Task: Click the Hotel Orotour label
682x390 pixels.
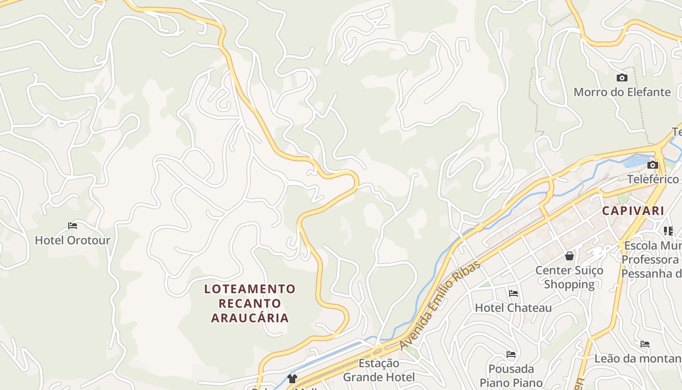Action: (x=73, y=240)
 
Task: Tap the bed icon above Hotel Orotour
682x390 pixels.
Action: (x=73, y=226)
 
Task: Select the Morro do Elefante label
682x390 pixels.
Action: (x=622, y=92)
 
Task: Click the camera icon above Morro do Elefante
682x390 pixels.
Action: (x=622, y=78)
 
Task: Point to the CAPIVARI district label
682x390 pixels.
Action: (x=633, y=211)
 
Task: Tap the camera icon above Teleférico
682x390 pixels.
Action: (x=653, y=165)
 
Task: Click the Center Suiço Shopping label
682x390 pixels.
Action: (x=569, y=277)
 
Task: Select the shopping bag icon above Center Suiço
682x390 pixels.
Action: (x=569, y=256)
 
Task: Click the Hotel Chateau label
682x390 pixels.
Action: (x=513, y=308)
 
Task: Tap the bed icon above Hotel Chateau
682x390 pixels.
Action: (x=513, y=293)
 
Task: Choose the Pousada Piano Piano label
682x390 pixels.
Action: (x=511, y=375)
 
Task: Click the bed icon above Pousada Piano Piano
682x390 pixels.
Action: (x=511, y=354)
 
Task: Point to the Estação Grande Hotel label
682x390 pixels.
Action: (x=379, y=370)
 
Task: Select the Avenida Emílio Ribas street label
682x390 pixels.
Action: (x=439, y=305)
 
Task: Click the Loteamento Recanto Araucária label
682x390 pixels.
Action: (x=250, y=303)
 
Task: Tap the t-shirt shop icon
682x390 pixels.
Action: (x=292, y=378)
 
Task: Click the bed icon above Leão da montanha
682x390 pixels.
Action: (x=645, y=344)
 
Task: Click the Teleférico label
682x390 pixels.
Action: (x=653, y=179)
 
